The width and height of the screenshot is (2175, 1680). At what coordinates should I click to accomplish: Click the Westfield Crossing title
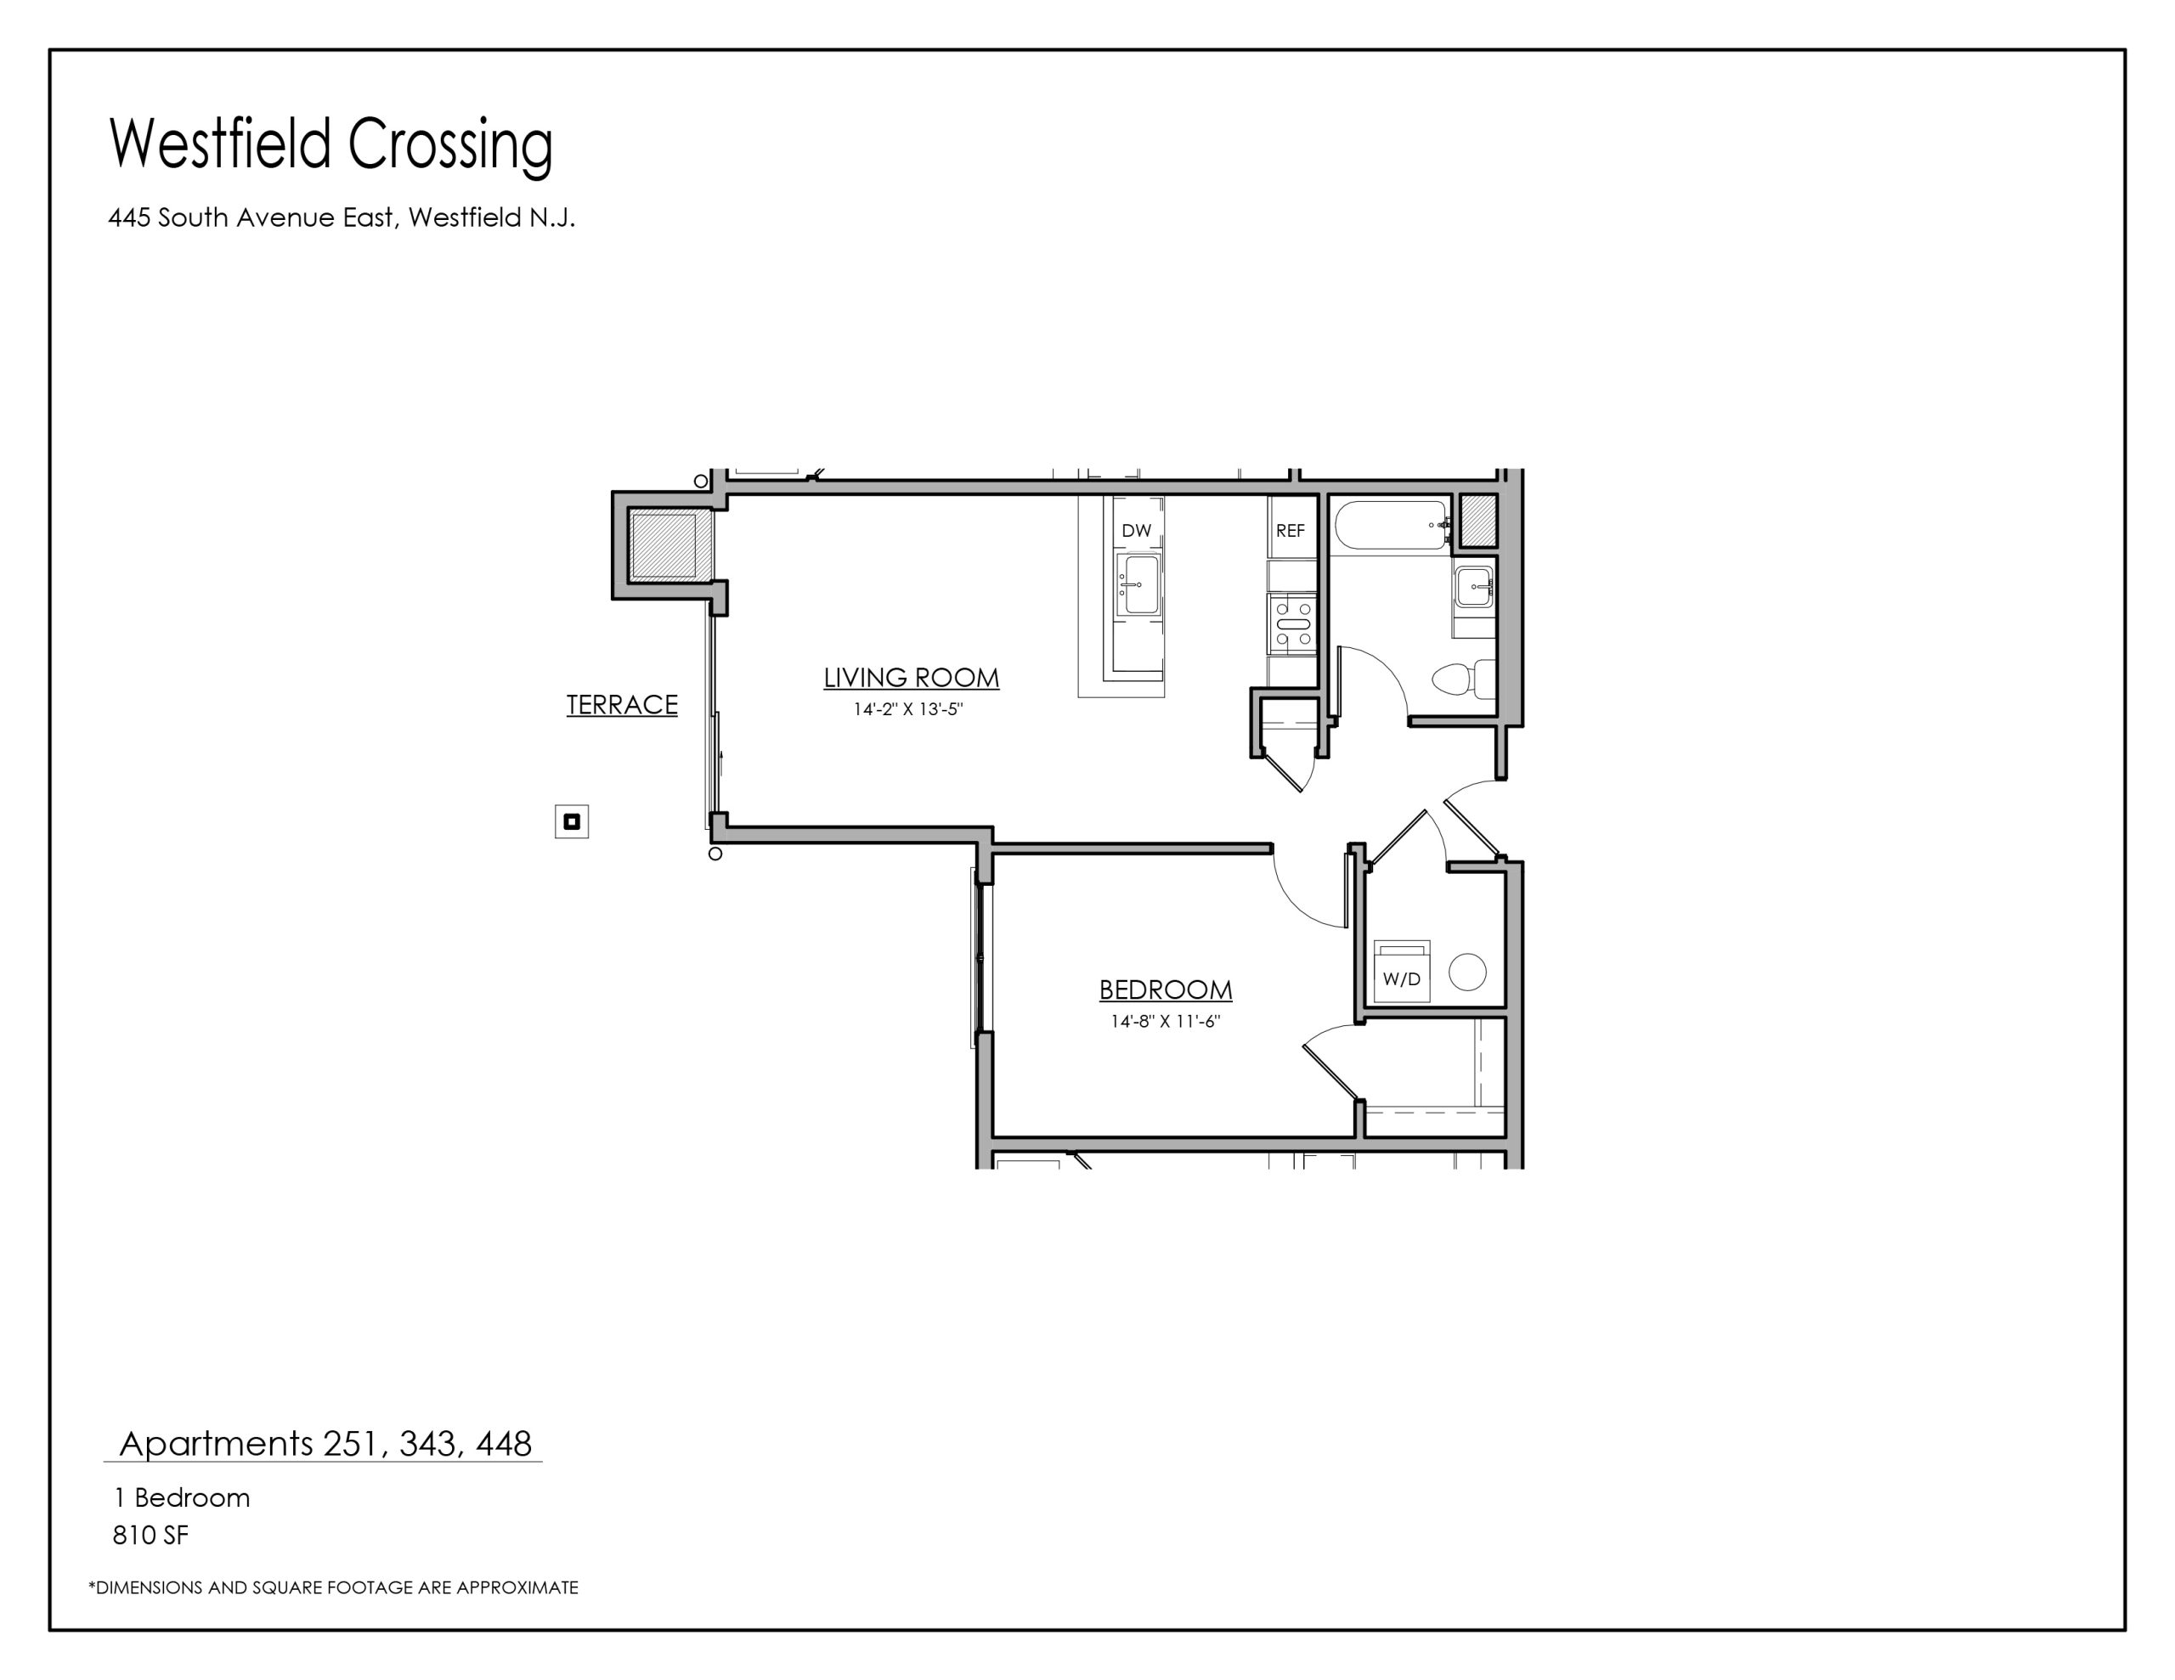coord(330,145)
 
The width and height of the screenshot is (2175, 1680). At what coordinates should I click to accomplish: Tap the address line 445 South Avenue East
coord(342,218)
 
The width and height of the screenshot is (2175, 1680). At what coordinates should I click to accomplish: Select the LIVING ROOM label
coord(912,677)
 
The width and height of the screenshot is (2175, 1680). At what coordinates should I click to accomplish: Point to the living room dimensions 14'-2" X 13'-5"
coord(908,710)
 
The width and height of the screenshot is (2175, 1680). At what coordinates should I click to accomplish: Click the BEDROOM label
coord(1165,989)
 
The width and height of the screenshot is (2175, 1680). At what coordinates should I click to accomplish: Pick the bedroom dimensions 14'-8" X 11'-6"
coord(1165,1022)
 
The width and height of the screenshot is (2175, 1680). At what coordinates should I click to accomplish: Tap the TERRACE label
coord(623,705)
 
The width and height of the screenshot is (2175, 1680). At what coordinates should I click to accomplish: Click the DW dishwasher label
coord(1136,531)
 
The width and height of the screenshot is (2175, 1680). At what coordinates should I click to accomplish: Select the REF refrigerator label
coord(1290,531)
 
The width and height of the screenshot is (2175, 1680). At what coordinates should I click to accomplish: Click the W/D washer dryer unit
coord(1401,971)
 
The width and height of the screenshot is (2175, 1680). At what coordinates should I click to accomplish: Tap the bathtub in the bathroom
coord(1392,525)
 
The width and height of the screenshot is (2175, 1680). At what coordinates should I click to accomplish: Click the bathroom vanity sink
coord(1474,587)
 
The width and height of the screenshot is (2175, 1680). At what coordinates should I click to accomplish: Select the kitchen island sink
coord(1139,584)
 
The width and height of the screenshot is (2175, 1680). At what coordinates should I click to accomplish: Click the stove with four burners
coord(1292,623)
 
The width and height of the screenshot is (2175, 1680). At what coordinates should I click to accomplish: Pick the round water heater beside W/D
coord(1467,971)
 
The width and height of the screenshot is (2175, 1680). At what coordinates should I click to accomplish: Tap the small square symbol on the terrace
coord(572,821)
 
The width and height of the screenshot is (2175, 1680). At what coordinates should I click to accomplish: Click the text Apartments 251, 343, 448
coord(325,1443)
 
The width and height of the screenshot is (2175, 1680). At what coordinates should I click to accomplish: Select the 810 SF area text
coord(150,1536)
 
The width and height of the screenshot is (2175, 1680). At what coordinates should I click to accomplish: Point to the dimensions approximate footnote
coord(334,1587)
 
